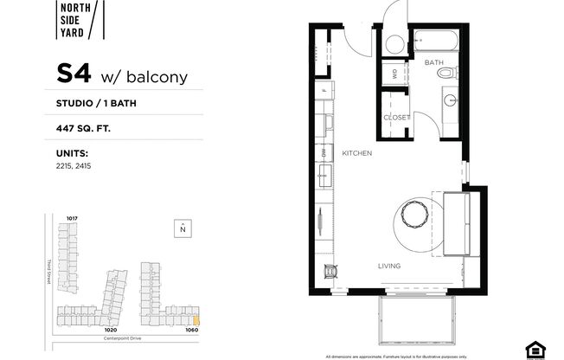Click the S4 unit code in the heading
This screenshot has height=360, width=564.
click(75, 75)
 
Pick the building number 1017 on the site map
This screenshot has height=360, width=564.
click(73, 218)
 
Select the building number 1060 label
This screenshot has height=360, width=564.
click(192, 330)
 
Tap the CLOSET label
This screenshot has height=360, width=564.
click(397, 118)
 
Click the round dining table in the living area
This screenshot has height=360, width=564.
click(413, 213)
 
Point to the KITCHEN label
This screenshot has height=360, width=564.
click(356, 153)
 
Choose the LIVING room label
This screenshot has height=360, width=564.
click(388, 266)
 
